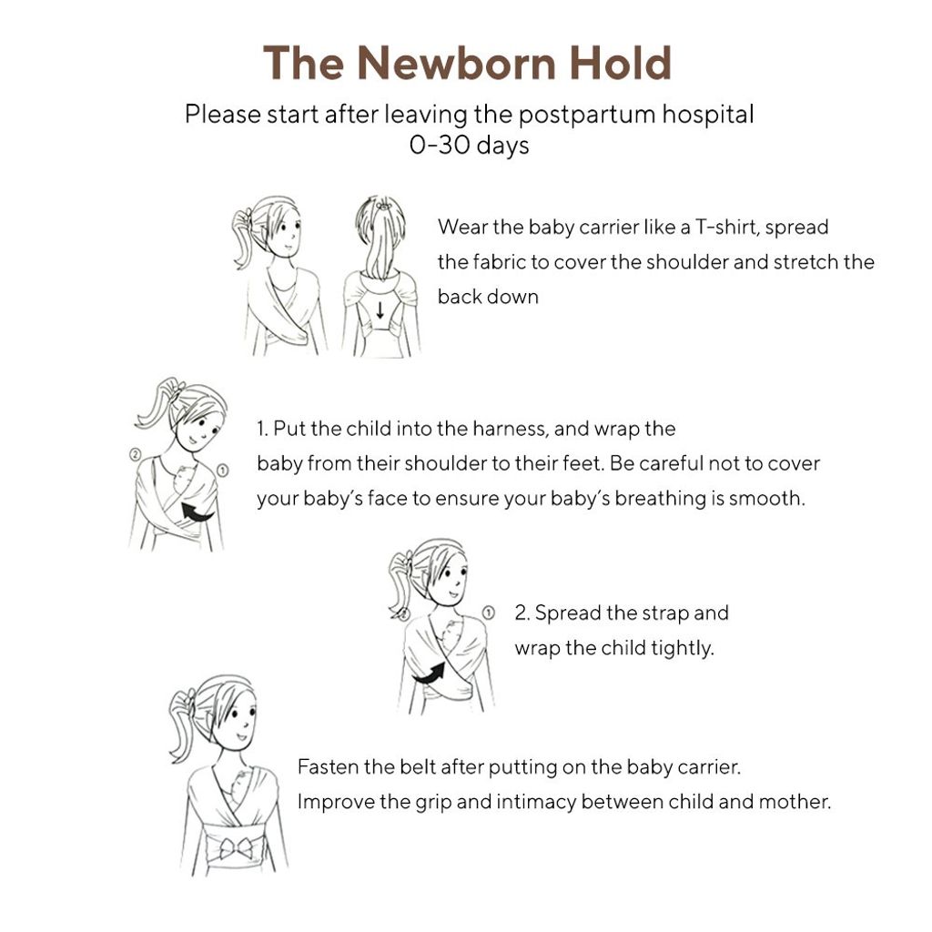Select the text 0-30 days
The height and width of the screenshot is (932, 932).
(x=469, y=145)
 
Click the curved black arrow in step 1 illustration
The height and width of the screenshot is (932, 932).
(x=198, y=512)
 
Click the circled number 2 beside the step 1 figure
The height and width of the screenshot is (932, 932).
(x=135, y=453)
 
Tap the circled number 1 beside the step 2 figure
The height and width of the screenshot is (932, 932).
(x=488, y=613)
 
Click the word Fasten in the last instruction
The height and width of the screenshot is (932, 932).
(x=328, y=766)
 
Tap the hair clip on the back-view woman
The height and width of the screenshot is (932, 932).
(x=386, y=206)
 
